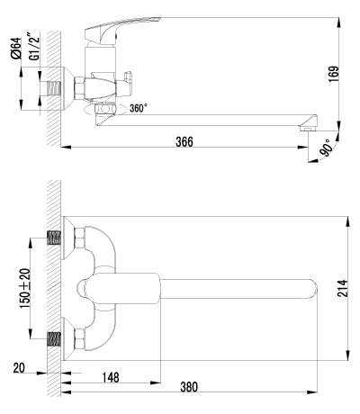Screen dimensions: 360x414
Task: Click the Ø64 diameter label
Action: [15, 49]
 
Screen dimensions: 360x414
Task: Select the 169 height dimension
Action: [334, 74]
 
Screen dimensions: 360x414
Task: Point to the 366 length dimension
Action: [184, 142]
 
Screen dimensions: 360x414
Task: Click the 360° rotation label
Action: [139, 108]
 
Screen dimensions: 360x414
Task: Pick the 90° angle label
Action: [326, 148]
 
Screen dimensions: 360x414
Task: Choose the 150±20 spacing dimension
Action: [25, 289]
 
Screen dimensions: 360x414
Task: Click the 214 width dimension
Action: [342, 288]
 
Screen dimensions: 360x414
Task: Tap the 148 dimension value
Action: [111, 377]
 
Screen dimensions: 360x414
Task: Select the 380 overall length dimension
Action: [189, 387]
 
